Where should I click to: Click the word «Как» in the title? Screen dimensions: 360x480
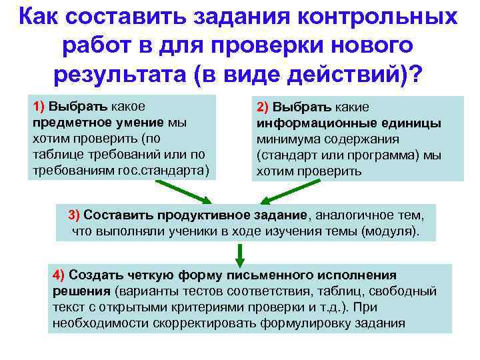(x=41, y=17)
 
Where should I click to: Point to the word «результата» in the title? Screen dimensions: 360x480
(x=120, y=74)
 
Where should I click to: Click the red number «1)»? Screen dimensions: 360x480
(x=38, y=107)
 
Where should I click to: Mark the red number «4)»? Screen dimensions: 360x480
(x=58, y=275)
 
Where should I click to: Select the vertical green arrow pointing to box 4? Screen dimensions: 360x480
(x=239, y=253)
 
